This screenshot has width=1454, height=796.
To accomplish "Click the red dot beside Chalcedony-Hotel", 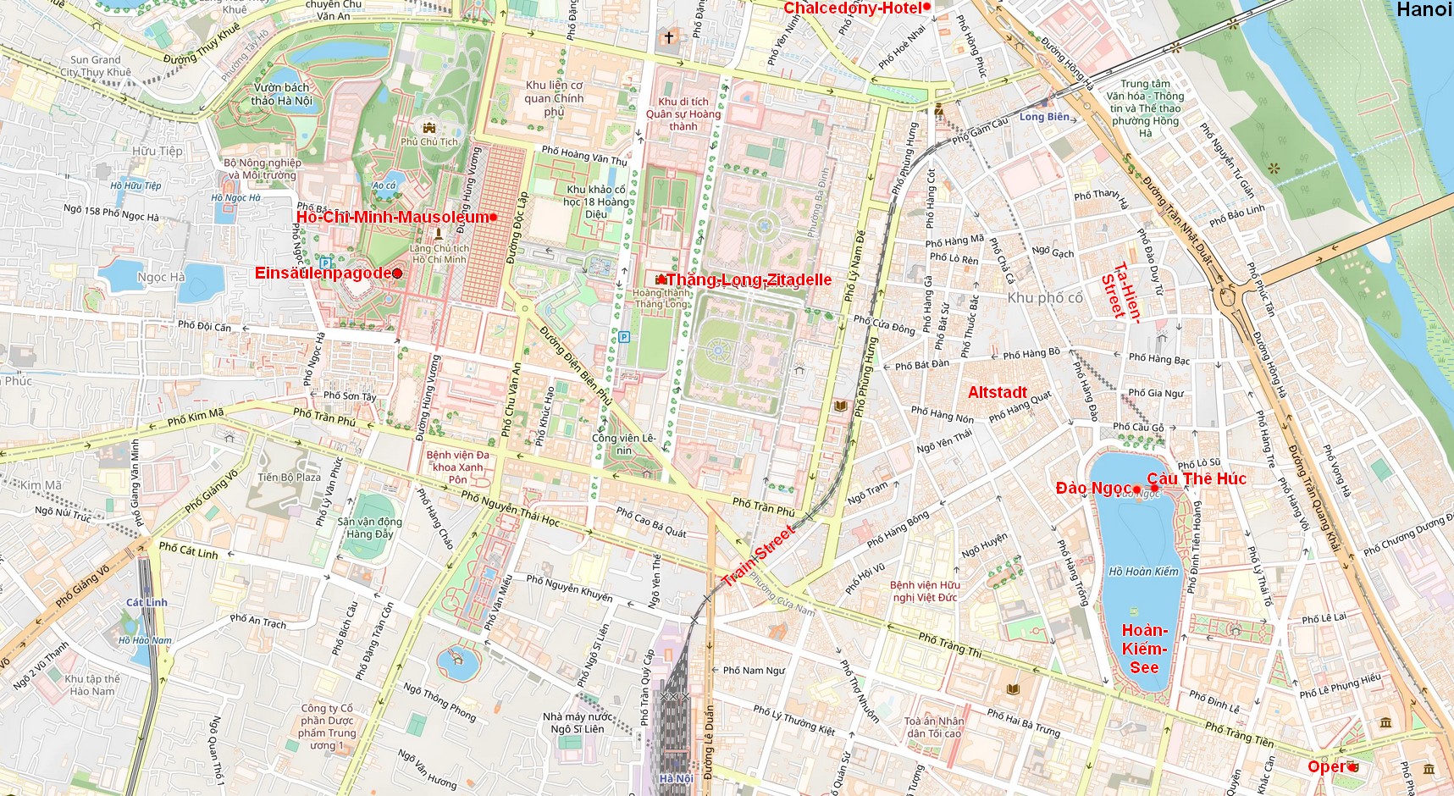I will point(926,7).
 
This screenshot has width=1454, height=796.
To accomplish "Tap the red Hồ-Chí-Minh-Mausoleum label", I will point(392,218).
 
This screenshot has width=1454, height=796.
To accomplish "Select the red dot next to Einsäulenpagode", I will point(397,274).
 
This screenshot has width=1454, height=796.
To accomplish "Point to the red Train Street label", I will point(758,556).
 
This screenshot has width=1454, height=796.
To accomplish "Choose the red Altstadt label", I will point(997,392).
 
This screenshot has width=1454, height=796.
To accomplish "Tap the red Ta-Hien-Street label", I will point(1121,292).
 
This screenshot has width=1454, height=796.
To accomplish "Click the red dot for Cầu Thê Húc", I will point(1154,488).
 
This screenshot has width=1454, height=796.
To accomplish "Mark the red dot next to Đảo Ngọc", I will point(1136,489).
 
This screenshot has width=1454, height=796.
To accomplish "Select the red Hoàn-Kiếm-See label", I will point(1144,649).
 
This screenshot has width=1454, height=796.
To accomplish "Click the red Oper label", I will point(1326,767).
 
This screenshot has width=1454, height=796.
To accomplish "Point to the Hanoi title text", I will point(1424,10).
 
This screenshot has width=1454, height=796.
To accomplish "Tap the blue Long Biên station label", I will point(1044,117).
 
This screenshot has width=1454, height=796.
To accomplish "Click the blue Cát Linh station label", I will point(147,603).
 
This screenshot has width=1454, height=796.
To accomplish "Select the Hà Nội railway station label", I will point(676,778).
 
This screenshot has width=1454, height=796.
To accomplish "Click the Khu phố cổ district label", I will point(1045,298).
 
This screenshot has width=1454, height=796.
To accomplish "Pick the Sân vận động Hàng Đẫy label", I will point(369,528).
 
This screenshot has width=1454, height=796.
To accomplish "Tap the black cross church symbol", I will point(669,37).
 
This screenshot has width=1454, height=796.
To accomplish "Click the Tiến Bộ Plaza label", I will point(289,478).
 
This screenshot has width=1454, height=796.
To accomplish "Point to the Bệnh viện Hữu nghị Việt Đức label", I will point(924,591).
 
